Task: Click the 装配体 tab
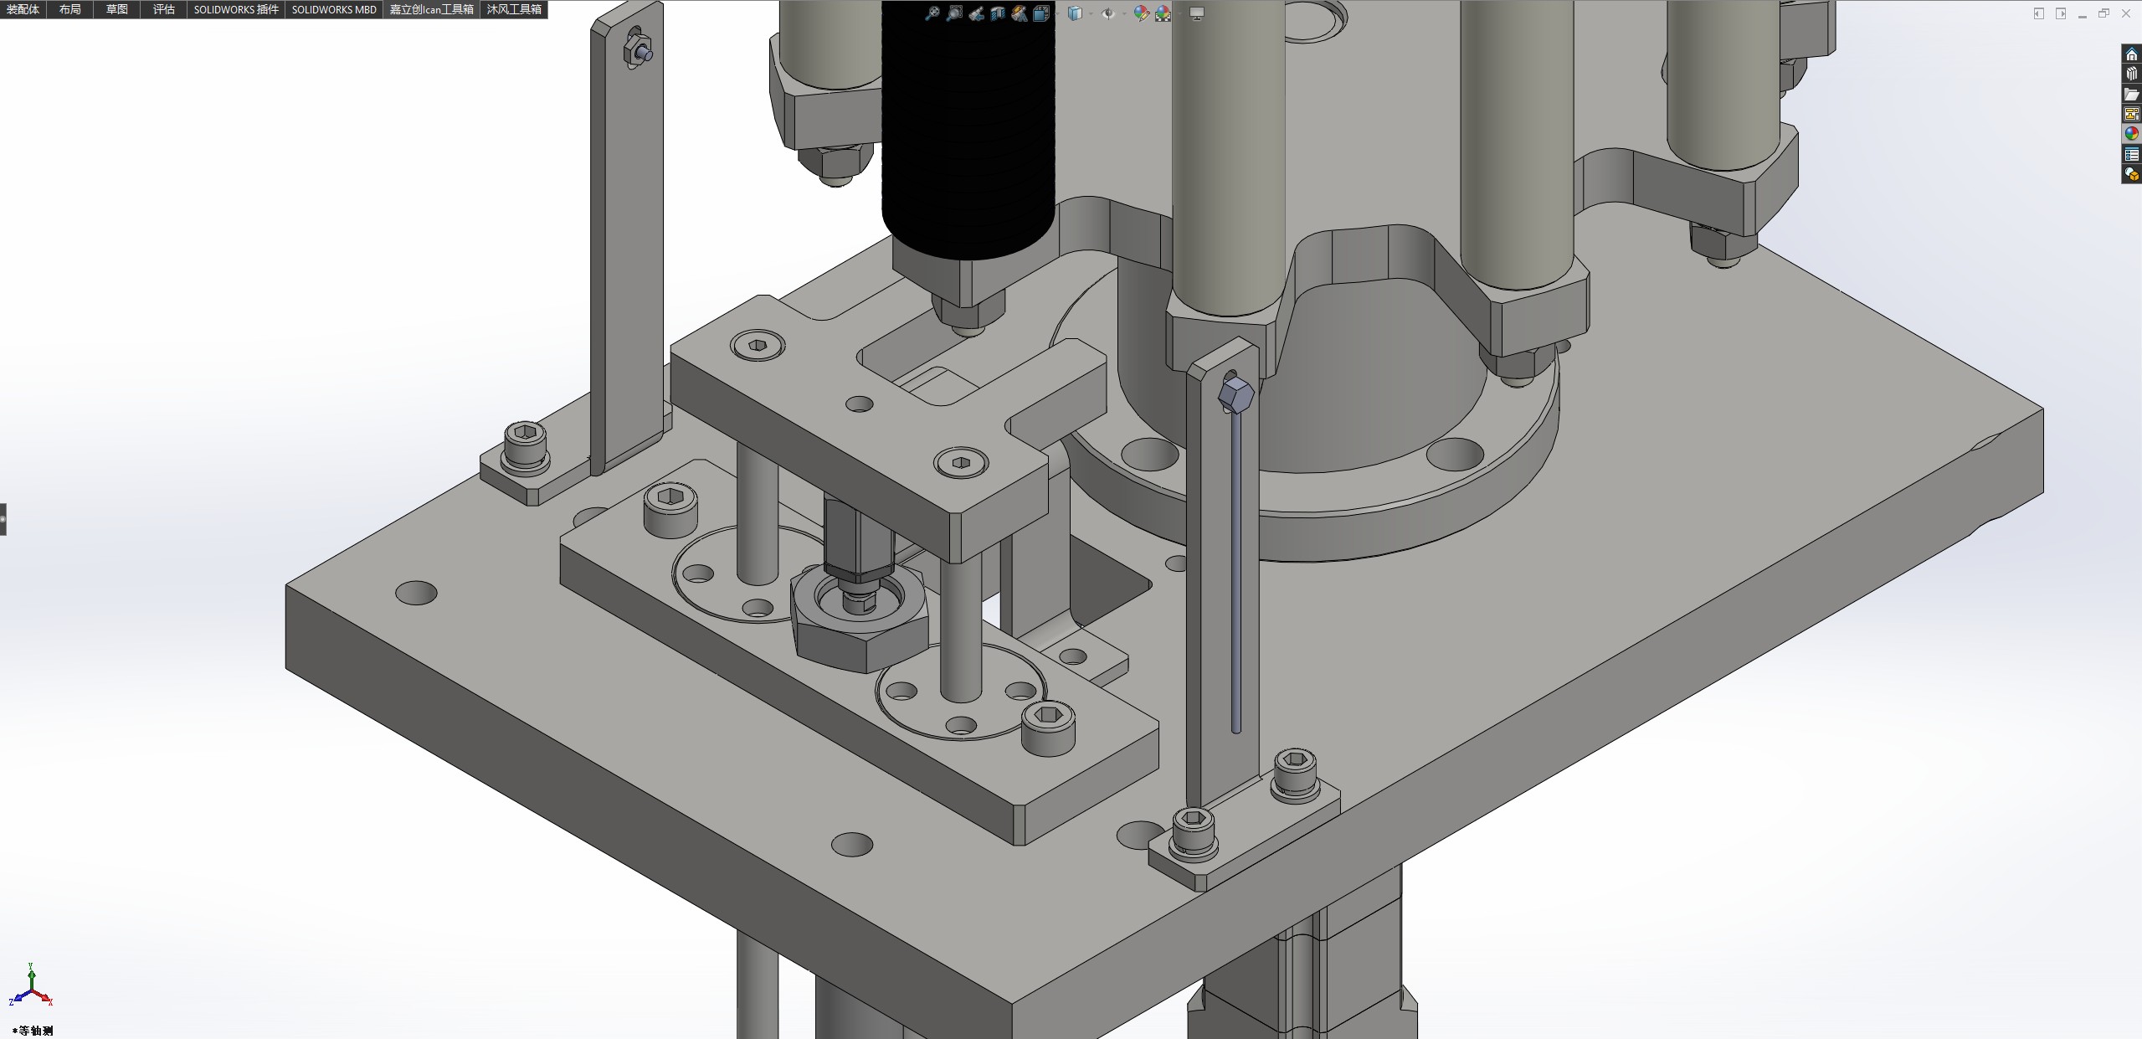click(x=23, y=9)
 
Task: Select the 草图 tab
click(x=117, y=9)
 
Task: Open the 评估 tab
click(x=164, y=9)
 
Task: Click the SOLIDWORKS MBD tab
click(x=334, y=9)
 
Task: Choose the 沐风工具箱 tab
click(x=514, y=9)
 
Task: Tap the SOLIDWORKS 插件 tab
click(x=236, y=9)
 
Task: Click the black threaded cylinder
click(x=968, y=126)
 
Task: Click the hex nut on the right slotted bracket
click(x=1235, y=394)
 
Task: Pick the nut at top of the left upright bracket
click(x=637, y=51)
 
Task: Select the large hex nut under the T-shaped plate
click(x=858, y=620)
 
